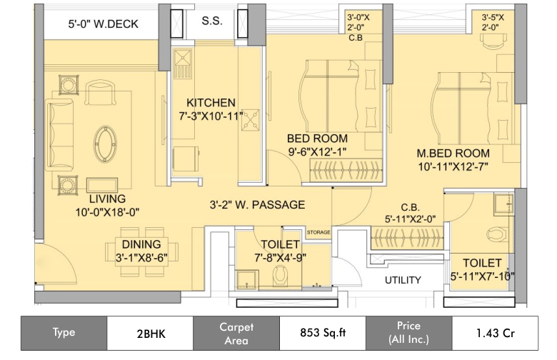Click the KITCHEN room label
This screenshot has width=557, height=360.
pyautogui.click(x=211, y=102)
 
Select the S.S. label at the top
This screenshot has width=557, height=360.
pyautogui.click(x=211, y=21)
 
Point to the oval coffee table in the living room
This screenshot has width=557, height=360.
pyautogui.click(x=109, y=141)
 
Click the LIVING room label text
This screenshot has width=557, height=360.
pyautogui.click(x=107, y=198)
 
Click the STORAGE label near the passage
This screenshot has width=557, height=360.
pyautogui.click(x=318, y=233)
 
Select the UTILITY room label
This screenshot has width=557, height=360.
pyautogui.click(x=403, y=279)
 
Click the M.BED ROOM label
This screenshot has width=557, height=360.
pyautogui.click(x=453, y=154)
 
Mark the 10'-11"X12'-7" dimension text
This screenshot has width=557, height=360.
pyautogui.click(x=453, y=167)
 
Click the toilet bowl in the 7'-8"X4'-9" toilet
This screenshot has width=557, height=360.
pyautogui.click(x=281, y=275)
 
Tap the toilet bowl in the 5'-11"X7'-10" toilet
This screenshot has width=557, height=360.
pyautogui.click(x=495, y=233)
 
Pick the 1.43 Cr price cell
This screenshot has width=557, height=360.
pyautogui.click(x=496, y=333)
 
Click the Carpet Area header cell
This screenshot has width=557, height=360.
pyautogui.click(x=236, y=333)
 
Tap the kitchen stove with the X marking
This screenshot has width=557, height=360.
pyautogui.click(x=252, y=124)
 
